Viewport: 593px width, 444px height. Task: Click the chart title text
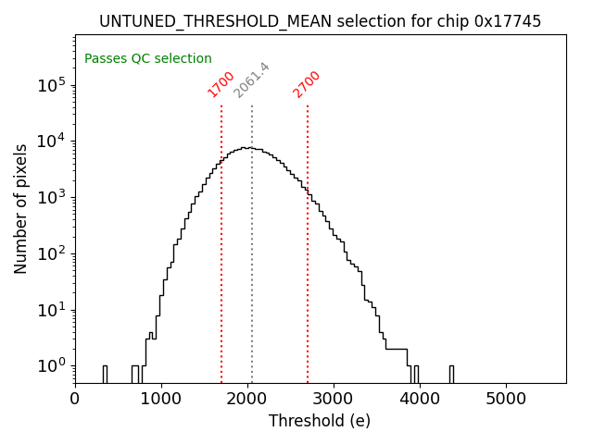tap(320, 21)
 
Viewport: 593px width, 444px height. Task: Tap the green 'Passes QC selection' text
tap(148, 58)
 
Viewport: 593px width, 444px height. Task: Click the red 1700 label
tap(221, 84)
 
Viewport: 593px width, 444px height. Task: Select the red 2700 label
tap(307, 84)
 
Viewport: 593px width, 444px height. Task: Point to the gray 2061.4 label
tap(251, 80)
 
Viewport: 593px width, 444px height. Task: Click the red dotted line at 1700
tap(221, 240)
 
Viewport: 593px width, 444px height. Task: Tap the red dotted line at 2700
tap(308, 240)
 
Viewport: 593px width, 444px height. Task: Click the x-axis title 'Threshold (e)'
tap(320, 421)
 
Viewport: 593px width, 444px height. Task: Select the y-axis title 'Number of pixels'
tap(21, 208)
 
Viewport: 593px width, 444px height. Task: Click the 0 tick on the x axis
tap(75, 399)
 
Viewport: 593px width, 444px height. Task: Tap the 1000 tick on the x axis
tap(161, 399)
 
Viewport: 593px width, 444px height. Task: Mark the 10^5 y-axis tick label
tap(54, 85)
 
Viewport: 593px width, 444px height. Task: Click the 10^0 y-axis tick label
tap(54, 366)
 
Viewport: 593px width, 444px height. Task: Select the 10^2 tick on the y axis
tap(54, 253)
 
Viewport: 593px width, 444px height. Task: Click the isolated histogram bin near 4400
tap(451, 374)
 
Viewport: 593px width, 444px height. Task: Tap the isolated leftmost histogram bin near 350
tap(105, 374)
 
